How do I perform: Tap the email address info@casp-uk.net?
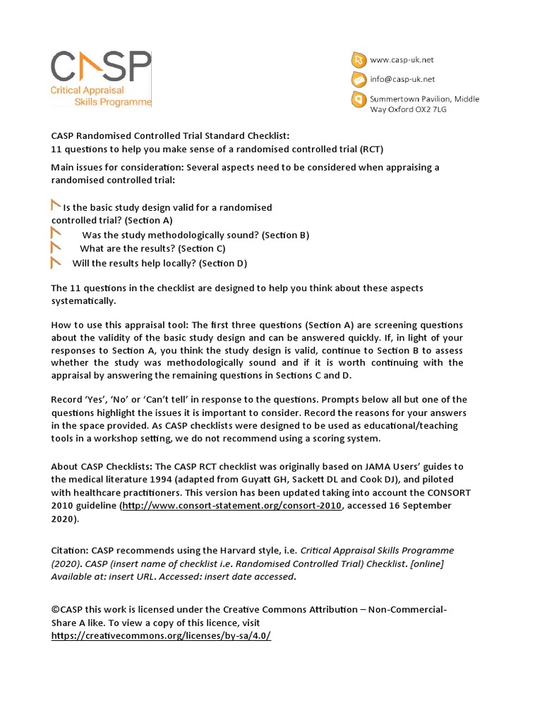click(402, 79)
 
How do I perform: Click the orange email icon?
click(359, 79)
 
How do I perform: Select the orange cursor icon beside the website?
click(359, 60)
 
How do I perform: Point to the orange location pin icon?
click(359, 100)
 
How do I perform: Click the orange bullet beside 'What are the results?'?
click(56, 248)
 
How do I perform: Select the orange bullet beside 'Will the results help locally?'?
click(56, 263)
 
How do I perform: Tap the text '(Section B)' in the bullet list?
click(285, 235)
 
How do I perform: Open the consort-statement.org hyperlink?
click(232, 506)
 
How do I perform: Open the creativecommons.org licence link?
click(161, 635)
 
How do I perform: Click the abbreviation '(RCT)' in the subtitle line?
click(371, 149)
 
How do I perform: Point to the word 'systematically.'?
click(83, 300)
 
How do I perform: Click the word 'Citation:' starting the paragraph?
click(71, 550)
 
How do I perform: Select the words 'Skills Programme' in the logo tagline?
click(113, 102)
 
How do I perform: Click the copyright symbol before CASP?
click(55, 609)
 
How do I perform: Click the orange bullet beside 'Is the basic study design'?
click(56, 206)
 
